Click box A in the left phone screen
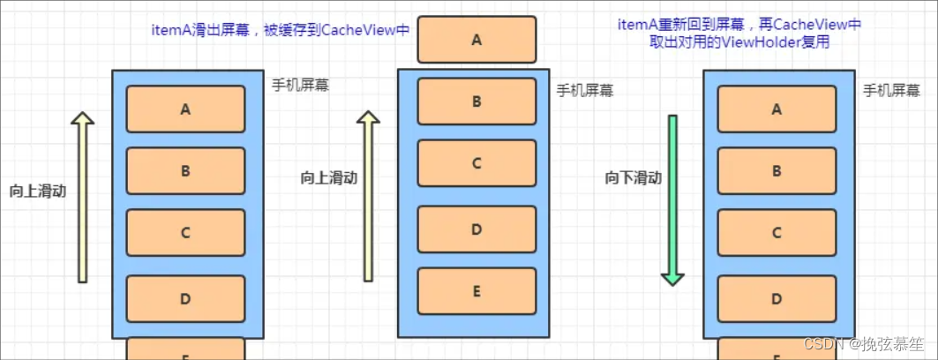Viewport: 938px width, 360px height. [185, 109]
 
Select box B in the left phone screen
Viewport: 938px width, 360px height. [185, 171]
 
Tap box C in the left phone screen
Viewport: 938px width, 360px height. [185, 233]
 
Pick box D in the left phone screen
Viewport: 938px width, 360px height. [185, 298]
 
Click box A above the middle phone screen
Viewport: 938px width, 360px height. [477, 40]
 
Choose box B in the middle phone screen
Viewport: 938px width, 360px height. [477, 101]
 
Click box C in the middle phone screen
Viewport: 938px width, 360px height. [477, 163]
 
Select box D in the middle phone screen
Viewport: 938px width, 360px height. [477, 229]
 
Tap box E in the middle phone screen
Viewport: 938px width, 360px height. [477, 291]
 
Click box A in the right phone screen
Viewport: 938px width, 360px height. [777, 109]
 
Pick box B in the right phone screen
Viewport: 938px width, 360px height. [777, 171]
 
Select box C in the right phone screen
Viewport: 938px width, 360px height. [777, 233]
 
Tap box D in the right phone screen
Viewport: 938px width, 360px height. [777, 298]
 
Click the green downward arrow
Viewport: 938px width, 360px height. [672, 200]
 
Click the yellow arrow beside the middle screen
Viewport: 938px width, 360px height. [368, 197]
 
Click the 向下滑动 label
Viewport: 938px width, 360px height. [633, 178]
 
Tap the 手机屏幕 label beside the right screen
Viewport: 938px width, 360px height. [892, 91]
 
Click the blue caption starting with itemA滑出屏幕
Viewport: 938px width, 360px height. [281, 29]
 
